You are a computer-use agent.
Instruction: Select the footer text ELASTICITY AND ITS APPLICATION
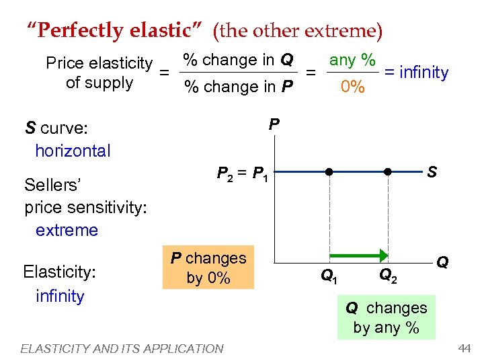pyautogui.click(x=122, y=348)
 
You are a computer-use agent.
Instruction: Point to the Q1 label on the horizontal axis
pyautogui.click(x=329, y=275)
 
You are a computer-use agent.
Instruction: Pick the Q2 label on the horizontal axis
pyautogui.click(x=389, y=275)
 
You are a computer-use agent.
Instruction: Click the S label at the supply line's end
pyautogui.click(x=432, y=173)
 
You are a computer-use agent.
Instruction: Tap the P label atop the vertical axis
pyautogui.click(x=274, y=125)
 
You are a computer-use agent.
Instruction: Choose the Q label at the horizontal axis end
pyautogui.click(x=443, y=261)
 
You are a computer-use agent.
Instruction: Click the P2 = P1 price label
pyautogui.click(x=243, y=175)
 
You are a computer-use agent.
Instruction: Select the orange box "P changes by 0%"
pyautogui.click(x=208, y=268)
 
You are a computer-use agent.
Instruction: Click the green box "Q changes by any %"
pyautogui.click(x=387, y=317)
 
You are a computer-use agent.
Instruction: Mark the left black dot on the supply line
pyautogui.click(x=329, y=171)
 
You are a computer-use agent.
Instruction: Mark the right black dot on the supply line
pyautogui.click(x=388, y=171)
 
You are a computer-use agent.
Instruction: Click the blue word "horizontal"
pyautogui.click(x=73, y=151)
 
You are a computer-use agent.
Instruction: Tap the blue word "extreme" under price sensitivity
pyautogui.click(x=67, y=230)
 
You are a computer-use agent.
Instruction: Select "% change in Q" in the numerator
pyautogui.click(x=238, y=60)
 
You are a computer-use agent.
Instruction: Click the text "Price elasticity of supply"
pyautogui.click(x=99, y=73)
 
